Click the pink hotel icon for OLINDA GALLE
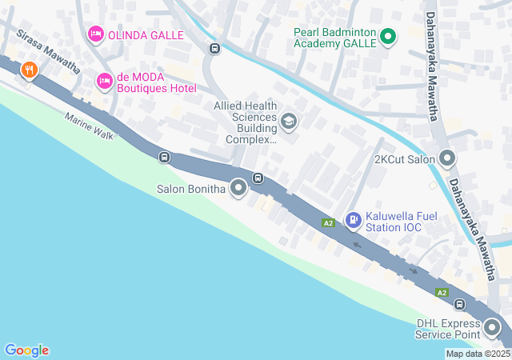tap(95, 34)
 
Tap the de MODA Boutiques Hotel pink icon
tap(104, 81)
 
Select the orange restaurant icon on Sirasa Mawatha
tap(30, 70)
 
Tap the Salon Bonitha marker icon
tap(238, 189)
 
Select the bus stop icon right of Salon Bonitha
tap(258, 178)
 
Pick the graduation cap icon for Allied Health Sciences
tap(289, 122)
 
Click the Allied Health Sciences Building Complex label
tap(245, 122)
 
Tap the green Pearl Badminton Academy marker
tap(388, 36)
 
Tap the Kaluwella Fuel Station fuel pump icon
tap(353, 219)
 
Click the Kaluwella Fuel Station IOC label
tap(394, 222)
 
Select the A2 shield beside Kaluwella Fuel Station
tap(328, 222)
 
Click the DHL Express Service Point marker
tap(491, 327)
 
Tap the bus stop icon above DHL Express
tap(460, 304)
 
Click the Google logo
tap(26, 350)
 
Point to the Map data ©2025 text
tap(477, 354)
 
